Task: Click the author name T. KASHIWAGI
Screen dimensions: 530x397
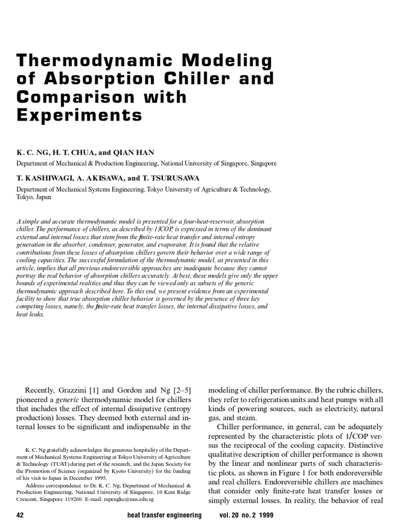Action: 43,179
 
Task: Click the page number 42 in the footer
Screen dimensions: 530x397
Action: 21,516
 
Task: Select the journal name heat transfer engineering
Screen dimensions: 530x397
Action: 164,516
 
